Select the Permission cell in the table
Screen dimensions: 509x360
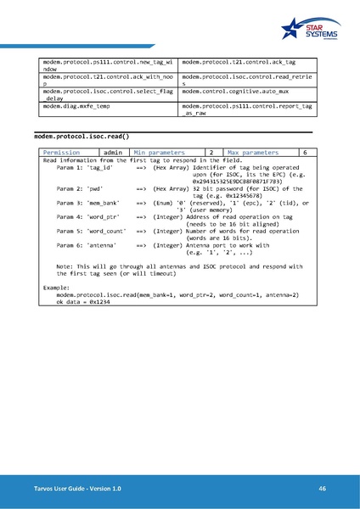coord(62,153)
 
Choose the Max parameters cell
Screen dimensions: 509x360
coord(249,153)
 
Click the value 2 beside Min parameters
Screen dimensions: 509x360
coord(210,153)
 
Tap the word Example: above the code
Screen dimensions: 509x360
coord(57,288)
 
